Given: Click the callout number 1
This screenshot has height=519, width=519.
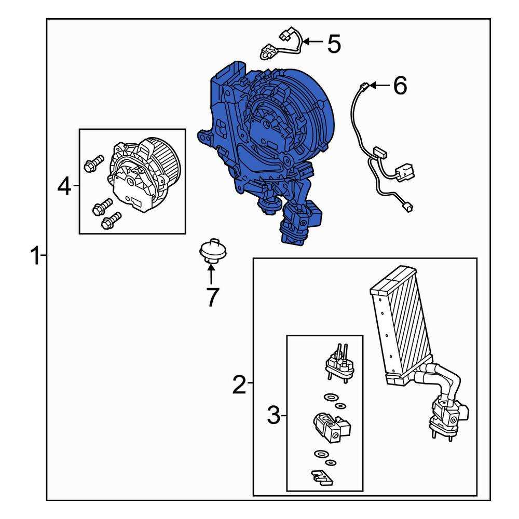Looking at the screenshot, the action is [35, 255].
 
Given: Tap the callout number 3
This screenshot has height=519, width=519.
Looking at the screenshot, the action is [274, 415].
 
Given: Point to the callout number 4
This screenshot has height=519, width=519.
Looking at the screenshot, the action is [64, 186].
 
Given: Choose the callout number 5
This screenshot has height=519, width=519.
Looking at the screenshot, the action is [334, 44].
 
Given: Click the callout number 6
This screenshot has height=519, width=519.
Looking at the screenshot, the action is [400, 86].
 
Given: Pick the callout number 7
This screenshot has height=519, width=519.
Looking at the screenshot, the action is [212, 297].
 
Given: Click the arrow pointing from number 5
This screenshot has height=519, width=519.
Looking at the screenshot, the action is [312, 42].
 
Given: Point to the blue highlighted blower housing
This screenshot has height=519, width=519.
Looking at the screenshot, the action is [265, 149].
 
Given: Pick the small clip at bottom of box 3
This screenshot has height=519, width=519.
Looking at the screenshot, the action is [321, 478].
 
